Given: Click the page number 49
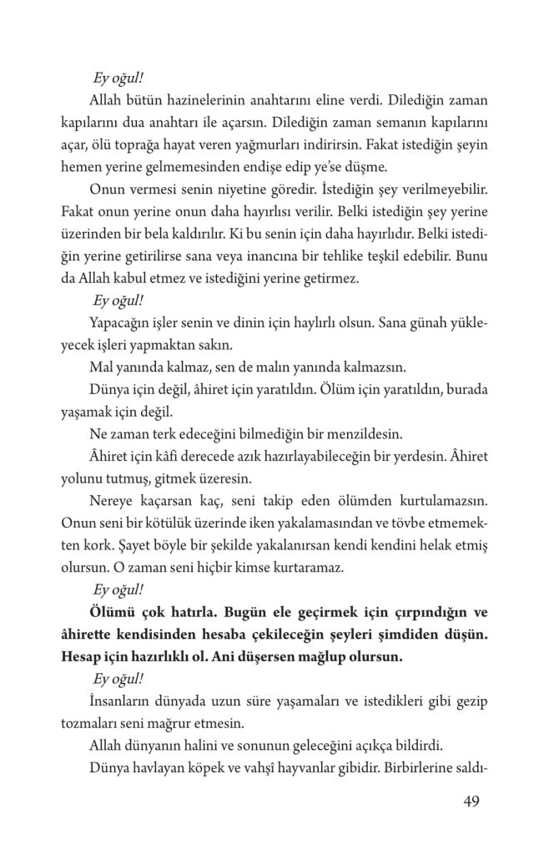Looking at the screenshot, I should (471, 804).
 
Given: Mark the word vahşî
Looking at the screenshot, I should (291, 764).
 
